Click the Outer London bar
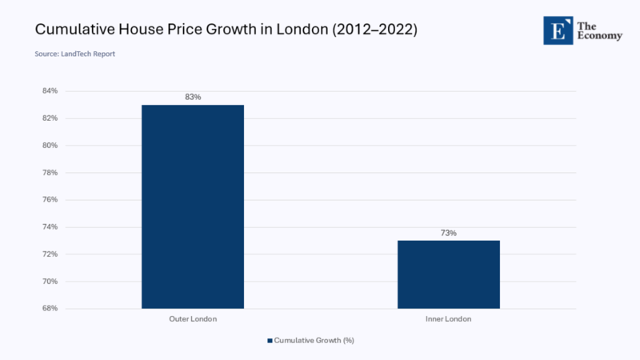point(193,206)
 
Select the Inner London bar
point(449,274)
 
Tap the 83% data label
point(193,97)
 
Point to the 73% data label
point(449,233)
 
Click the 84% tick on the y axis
point(50,91)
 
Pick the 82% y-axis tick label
point(50,118)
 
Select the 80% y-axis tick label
point(50,146)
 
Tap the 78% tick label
point(50,173)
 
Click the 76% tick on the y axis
point(50,200)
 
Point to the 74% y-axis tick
point(50,227)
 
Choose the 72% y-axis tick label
point(50,254)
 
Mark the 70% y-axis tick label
point(50,282)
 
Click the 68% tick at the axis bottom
point(50,309)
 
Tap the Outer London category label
point(193,319)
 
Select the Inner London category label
point(449,319)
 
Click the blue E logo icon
point(558,30)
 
